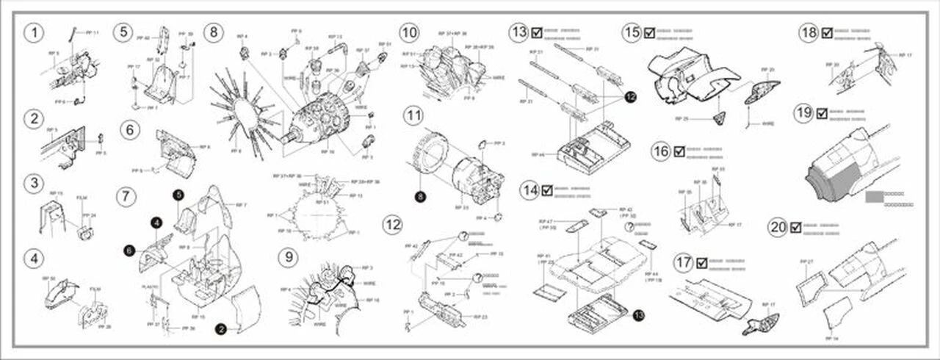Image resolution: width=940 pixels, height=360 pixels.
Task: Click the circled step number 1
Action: click(x=32, y=32)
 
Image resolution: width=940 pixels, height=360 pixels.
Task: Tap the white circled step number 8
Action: click(x=214, y=33)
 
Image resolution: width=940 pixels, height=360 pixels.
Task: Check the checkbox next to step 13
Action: click(x=537, y=33)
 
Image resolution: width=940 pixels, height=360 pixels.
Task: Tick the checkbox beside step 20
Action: click(x=795, y=227)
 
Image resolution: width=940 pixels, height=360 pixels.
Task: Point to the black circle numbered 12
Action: click(x=632, y=96)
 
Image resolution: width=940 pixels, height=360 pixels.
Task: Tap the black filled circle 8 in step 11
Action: click(x=419, y=196)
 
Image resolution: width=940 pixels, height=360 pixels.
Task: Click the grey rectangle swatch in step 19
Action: click(x=874, y=196)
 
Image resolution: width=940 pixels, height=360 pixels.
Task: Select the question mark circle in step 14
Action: click(x=630, y=227)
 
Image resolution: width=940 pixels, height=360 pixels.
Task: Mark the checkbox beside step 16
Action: click(x=679, y=152)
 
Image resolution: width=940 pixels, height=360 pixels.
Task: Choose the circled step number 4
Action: click(x=32, y=259)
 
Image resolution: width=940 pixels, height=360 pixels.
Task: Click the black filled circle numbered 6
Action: click(x=129, y=251)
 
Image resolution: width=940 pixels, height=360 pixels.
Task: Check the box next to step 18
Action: click(x=828, y=33)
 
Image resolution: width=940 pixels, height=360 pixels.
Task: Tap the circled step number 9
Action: click(x=289, y=259)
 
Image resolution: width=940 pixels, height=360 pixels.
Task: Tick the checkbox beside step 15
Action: click(x=648, y=33)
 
